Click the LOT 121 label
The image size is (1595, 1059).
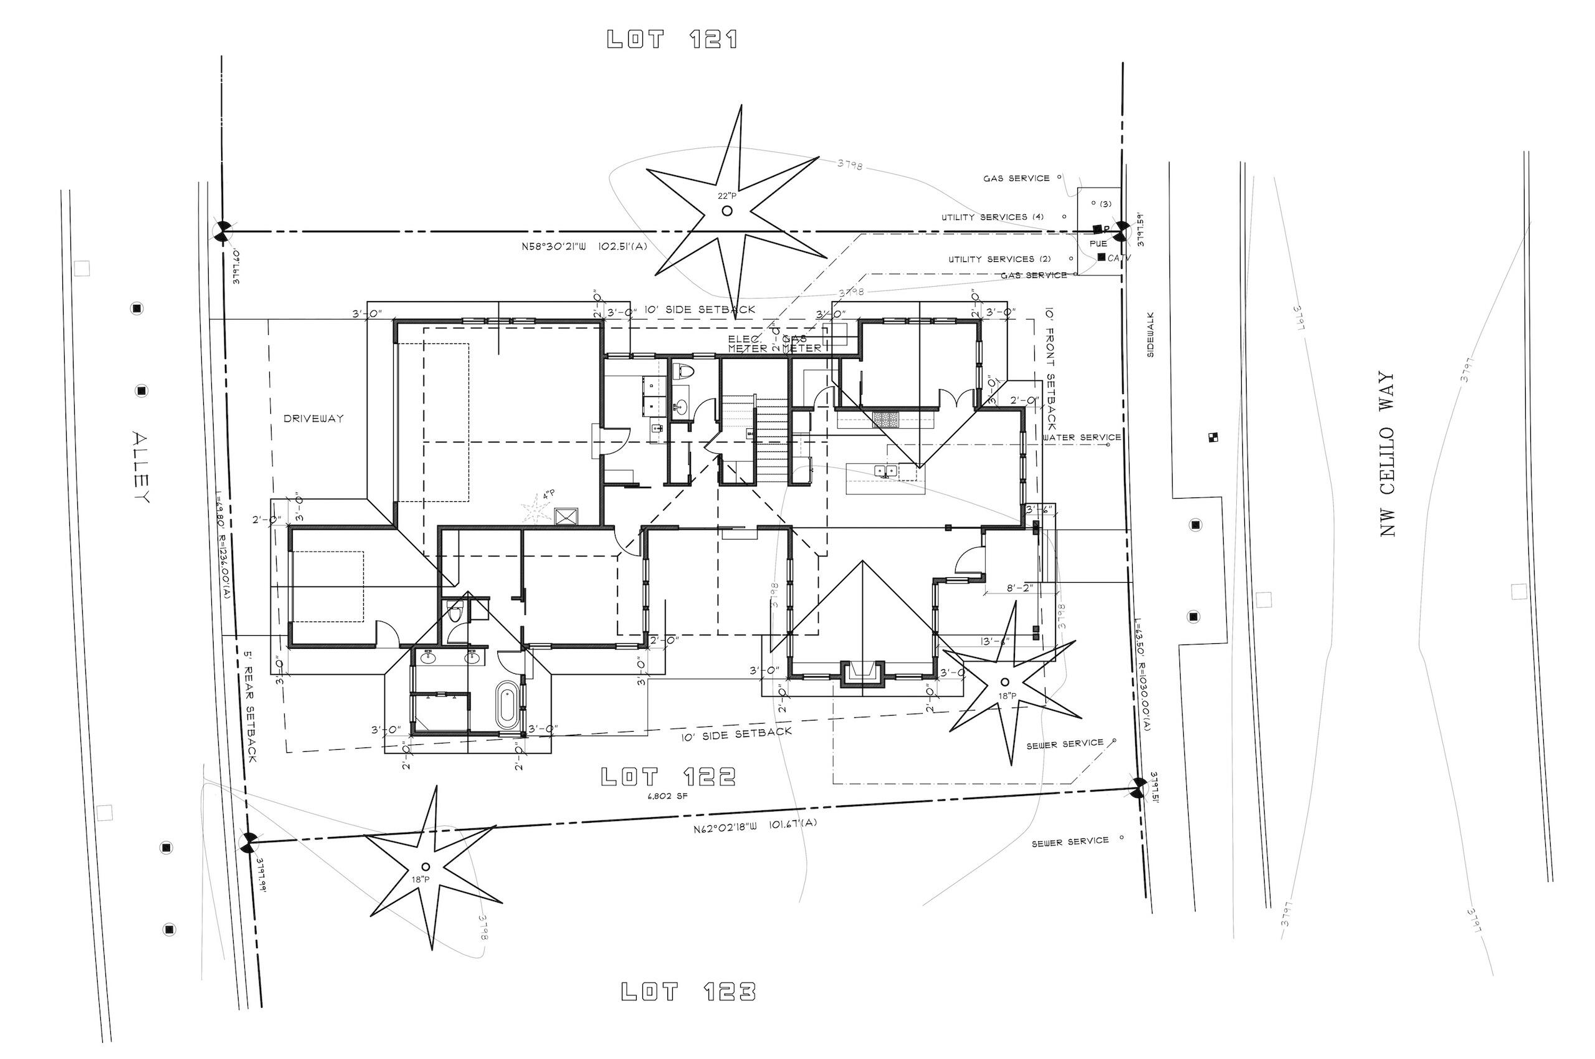[x=672, y=39]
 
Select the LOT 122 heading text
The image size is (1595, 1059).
[x=669, y=777]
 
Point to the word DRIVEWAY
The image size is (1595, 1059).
[x=313, y=419]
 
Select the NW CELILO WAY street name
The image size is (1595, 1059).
[x=1387, y=454]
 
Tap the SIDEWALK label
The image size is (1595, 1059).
[x=1151, y=334]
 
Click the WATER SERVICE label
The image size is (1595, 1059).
[x=1082, y=438]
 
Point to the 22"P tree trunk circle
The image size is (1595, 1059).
[x=727, y=211]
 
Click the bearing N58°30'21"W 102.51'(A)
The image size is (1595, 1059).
[x=584, y=246]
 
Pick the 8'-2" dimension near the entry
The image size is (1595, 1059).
[x=1020, y=588]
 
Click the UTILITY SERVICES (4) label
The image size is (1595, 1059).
[x=993, y=217]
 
